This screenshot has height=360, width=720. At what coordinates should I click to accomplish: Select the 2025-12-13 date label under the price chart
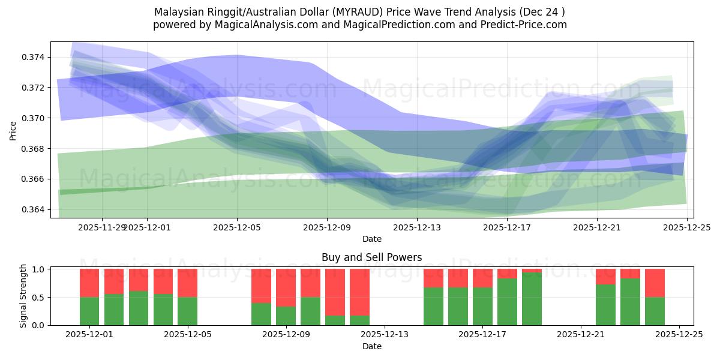click(417, 227)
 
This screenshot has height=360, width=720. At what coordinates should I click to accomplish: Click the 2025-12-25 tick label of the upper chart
click(687, 227)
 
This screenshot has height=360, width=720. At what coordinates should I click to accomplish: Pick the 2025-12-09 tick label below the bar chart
click(286, 335)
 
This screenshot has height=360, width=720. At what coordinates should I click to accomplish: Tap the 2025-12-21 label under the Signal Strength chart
click(581, 335)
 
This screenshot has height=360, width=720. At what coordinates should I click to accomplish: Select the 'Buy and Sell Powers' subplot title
click(371, 257)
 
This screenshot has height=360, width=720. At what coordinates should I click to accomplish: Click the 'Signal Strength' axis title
click(23, 296)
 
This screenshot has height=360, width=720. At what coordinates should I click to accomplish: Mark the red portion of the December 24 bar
click(655, 283)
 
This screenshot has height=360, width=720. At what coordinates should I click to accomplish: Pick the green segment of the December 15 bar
click(433, 306)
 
